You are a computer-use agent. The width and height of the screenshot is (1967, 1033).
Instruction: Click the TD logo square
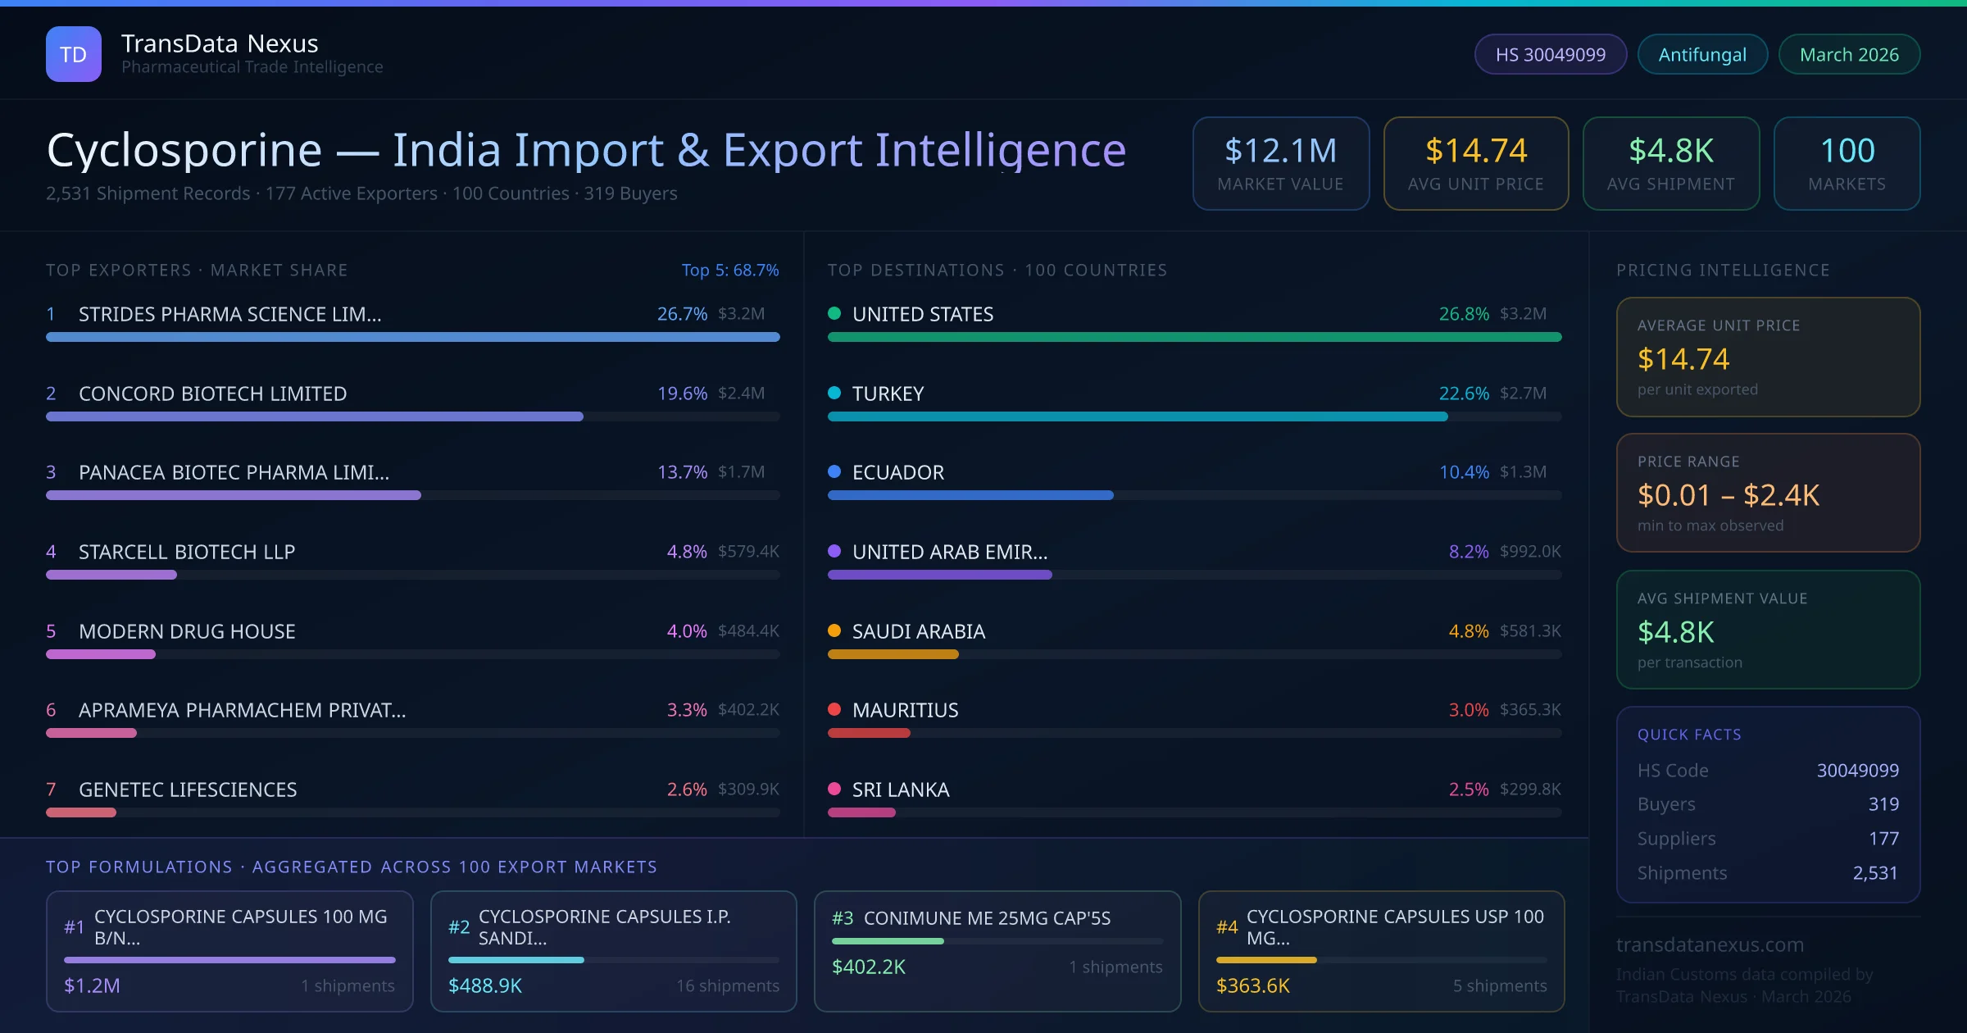pyautogui.click(x=74, y=54)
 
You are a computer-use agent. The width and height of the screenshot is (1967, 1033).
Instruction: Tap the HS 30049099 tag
pyautogui.click(x=1550, y=54)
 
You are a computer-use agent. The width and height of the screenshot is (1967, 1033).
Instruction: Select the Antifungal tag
pyautogui.click(x=1702, y=54)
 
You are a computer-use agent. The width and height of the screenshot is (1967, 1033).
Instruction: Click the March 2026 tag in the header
pyautogui.click(x=1849, y=54)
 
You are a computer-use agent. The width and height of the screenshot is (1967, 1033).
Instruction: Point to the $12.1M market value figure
pyautogui.click(x=1280, y=151)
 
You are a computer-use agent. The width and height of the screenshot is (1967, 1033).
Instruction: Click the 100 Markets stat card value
pyautogui.click(x=1847, y=151)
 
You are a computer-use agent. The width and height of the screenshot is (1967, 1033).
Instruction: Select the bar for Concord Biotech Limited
pyautogui.click(x=315, y=416)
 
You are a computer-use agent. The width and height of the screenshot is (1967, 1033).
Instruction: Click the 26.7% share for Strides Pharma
pyautogui.click(x=682, y=314)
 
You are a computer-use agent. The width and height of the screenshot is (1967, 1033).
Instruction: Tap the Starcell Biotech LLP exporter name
pyautogui.click(x=187, y=552)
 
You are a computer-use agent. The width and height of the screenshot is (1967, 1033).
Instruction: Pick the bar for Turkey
pyautogui.click(x=1138, y=416)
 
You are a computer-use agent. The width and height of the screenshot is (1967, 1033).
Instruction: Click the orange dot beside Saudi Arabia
pyautogui.click(x=834, y=630)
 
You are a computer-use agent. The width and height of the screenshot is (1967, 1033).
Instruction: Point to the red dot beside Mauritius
pyautogui.click(x=834, y=709)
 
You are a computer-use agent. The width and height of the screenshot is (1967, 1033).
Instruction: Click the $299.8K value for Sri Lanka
pyautogui.click(x=1530, y=789)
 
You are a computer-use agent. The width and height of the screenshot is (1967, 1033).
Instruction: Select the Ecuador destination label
pyautogui.click(x=898, y=472)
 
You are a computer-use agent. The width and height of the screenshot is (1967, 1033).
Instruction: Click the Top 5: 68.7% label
pyautogui.click(x=730, y=270)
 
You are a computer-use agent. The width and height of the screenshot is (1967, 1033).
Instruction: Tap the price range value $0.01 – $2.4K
pyautogui.click(x=1728, y=495)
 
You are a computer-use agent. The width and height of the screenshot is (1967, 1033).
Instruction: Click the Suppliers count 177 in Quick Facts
pyautogui.click(x=1883, y=838)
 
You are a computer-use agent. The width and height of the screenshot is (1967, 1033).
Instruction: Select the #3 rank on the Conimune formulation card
pyautogui.click(x=843, y=918)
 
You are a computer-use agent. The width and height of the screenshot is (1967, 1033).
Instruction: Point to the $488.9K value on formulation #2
pyautogui.click(x=485, y=985)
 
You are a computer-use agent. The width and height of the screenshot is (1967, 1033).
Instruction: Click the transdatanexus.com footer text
pyautogui.click(x=1710, y=944)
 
